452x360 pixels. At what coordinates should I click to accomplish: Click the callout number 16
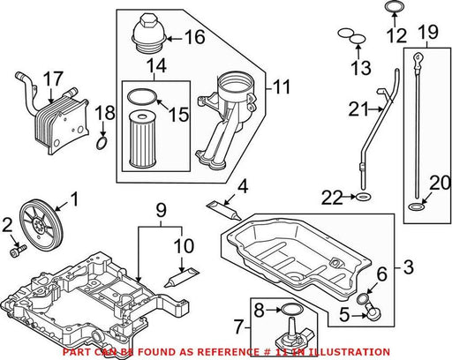pyautogui.click(x=194, y=37)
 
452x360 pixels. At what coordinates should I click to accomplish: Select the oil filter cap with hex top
pyautogui.click(x=148, y=33)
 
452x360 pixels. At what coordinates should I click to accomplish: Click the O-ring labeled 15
pyautogui.click(x=142, y=96)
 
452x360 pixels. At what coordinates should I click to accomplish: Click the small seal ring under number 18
pyautogui.click(x=102, y=144)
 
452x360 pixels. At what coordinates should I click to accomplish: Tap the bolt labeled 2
pyautogui.click(x=19, y=251)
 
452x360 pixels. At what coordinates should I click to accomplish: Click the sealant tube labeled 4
pyautogui.click(x=223, y=211)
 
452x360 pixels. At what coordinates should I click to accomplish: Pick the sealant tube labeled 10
pyautogui.click(x=182, y=277)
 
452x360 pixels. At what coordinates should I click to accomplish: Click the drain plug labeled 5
pyautogui.click(x=373, y=311)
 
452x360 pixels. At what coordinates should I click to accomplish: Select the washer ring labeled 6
pyautogui.click(x=362, y=299)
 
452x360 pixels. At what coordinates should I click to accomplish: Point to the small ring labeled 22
pyautogui.click(x=364, y=197)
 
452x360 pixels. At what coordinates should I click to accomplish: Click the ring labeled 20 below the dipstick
pyautogui.click(x=417, y=207)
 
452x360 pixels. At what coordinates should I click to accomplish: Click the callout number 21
pyautogui.click(x=358, y=109)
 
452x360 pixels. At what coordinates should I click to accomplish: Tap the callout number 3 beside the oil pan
pyautogui.click(x=408, y=267)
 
